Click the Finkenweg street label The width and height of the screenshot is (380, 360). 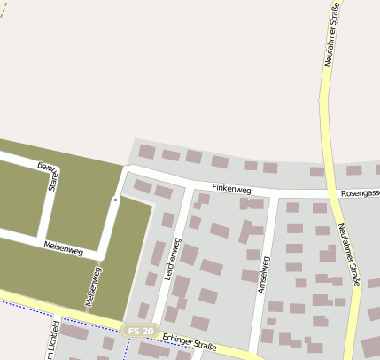click(x=231, y=189)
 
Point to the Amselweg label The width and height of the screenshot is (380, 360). click(x=262, y=273)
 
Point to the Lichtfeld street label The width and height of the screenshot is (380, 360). click(x=54, y=337)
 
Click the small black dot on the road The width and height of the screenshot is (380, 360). click(x=114, y=200)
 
